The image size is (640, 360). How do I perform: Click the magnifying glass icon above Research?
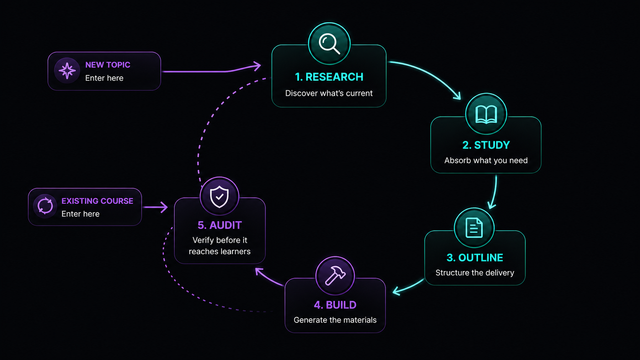329,44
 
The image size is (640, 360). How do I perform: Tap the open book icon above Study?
486,114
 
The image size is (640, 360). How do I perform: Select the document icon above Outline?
474,228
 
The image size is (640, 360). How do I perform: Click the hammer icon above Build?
335,275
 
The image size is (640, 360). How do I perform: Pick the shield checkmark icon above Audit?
219,196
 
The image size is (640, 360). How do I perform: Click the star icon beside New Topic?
67,70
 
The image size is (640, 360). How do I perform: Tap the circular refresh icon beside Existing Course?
45,206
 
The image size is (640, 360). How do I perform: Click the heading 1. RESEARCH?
329,77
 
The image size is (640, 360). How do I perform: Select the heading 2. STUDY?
486,145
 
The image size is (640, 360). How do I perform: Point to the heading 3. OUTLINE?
475,257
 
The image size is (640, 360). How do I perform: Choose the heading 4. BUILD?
335,305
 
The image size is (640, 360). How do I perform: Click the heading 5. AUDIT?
219,225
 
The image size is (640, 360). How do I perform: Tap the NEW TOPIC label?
108,65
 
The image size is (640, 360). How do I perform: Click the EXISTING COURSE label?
97,201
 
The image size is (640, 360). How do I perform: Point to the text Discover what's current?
329,93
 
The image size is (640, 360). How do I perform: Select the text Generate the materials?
335,320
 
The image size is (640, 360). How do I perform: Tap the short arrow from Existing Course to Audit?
155,207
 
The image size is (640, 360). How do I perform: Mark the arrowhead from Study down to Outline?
491,205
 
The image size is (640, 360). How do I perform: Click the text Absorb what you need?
486,160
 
